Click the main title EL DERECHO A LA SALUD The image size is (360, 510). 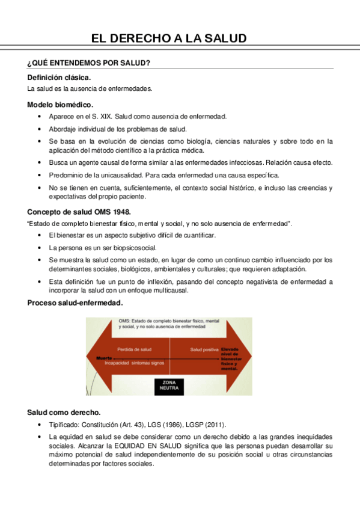click(169, 38)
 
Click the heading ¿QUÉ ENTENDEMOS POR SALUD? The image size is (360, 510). click(88, 63)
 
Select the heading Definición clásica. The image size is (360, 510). click(59, 77)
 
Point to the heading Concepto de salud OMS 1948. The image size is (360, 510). click(79, 212)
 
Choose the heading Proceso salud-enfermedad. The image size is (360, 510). click(75, 303)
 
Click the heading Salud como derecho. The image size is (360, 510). click(64, 413)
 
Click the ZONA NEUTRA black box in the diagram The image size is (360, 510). click(169, 386)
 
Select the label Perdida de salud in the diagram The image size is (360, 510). click(134, 349)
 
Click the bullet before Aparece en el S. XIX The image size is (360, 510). click(40, 117)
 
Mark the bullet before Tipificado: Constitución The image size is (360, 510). click(40, 425)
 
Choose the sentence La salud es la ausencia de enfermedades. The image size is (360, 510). click(90, 88)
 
